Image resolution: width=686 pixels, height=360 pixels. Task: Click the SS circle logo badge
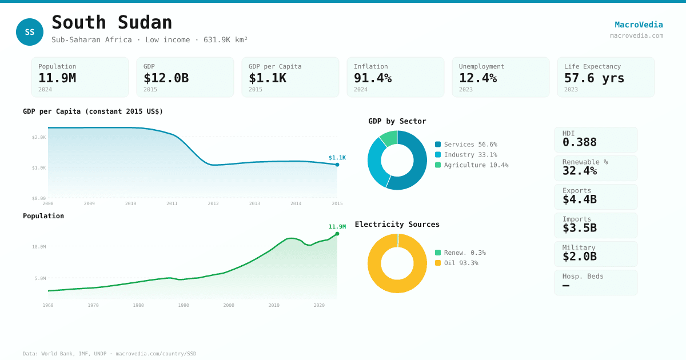[x=30, y=32]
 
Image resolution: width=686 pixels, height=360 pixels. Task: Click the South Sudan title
[x=112, y=22]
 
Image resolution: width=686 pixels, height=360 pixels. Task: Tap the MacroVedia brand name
[x=639, y=25]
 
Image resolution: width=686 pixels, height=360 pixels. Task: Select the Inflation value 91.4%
[x=373, y=78]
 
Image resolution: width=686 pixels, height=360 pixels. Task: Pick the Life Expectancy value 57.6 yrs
[x=594, y=78]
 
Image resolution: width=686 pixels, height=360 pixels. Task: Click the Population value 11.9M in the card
[x=57, y=78]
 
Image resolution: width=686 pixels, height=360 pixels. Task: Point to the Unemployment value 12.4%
[x=478, y=78]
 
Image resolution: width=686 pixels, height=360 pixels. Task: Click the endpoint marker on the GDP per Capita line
[x=337, y=165]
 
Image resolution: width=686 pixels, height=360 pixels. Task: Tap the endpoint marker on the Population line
[x=337, y=234]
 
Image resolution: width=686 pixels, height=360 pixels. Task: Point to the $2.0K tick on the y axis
[x=39, y=137]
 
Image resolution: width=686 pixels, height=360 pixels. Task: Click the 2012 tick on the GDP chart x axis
[x=213, y=203]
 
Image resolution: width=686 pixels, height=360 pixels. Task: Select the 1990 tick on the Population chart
[x=184, y=305]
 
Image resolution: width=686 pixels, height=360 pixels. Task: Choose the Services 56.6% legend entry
[x=466, y=145]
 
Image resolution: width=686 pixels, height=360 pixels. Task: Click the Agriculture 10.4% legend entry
[x=472, y=165]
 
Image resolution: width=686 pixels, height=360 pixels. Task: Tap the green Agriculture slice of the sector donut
[x=389, y=138]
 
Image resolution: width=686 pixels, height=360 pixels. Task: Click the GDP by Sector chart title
[x=397, y=121]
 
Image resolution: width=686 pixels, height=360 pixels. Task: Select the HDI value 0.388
[x=579, y=142]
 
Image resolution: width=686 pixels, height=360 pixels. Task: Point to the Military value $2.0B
[x=579, y=257]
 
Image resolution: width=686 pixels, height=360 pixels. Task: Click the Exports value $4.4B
[x=579, y=199]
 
